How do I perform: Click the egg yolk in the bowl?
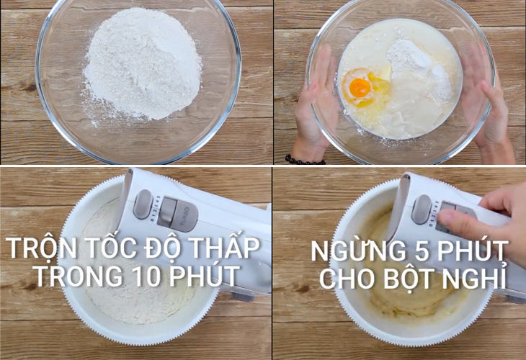point(360,87)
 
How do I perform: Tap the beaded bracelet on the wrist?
point(305,160)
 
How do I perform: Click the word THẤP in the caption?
point(230,248)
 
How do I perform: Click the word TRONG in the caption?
point(79,276)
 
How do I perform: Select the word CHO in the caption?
point(349,279)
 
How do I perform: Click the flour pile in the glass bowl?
point(143,63)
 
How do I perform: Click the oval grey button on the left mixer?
point(143,204)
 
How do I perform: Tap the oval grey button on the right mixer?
point(422,210)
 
